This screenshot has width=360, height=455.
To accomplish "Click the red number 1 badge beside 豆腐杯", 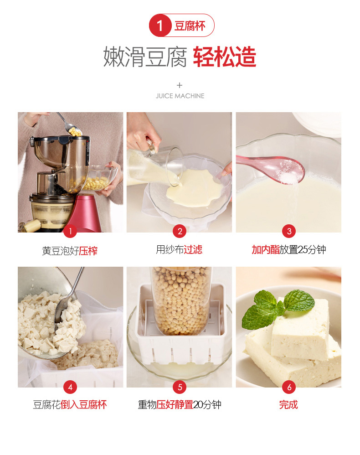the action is click(159, 26).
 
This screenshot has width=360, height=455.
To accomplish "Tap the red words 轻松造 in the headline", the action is click(225, 57).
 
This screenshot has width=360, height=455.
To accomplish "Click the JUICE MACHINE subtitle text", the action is click(180, 96).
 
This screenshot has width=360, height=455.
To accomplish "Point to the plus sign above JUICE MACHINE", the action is click(180, 85).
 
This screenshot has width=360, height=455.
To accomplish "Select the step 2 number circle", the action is click(180, 231).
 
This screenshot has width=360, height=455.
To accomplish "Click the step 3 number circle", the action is click(289, 231).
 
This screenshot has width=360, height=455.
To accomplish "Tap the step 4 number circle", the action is click(70, 387).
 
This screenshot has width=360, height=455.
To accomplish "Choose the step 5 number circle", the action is click(180, 387).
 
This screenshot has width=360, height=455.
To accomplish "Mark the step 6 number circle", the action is click(289, 387).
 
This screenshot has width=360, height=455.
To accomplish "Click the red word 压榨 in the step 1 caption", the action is click(88, 251).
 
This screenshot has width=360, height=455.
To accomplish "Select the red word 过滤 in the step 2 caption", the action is click(193, 249).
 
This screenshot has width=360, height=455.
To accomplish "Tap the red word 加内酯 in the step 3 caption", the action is click(265, 249).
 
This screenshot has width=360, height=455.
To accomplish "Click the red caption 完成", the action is click(288, 404).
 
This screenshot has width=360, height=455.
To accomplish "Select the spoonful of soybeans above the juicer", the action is click(75, 132).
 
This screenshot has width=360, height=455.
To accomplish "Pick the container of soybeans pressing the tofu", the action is click(182, 300).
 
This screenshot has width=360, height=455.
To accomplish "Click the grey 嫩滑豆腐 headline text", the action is click(145, 57).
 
